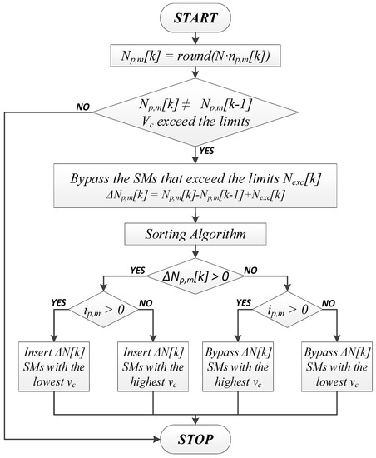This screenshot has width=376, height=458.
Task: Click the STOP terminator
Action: (196, 438)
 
